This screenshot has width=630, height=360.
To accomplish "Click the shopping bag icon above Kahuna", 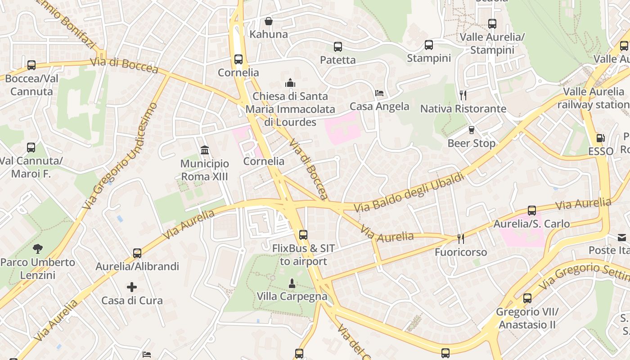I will [x=269, y=21].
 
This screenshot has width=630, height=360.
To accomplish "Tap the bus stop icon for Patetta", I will [x=338, y=47].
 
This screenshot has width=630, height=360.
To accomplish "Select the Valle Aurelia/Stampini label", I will [x=492, y=43].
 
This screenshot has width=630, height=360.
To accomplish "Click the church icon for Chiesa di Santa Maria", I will [x=290, y=83].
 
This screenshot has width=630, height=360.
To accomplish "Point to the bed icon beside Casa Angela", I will [x=379, y=93].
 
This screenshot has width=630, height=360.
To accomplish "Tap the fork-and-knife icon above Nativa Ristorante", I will [x=463, y=95].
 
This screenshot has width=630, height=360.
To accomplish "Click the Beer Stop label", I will [x=471, y=144].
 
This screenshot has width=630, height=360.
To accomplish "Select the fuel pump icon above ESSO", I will [x=600, y=138].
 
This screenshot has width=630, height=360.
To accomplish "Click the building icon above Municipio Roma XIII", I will [x=205, y=150].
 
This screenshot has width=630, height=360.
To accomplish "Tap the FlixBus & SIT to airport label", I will [x=303, y=255].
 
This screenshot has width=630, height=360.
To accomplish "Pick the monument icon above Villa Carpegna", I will [x=292, y=283].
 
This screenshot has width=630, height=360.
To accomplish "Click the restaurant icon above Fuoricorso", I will [x=460, y=238].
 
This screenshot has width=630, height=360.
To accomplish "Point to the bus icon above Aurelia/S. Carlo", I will [x=532, y=211].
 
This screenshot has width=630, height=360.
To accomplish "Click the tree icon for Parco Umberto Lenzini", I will [x=38, y=248].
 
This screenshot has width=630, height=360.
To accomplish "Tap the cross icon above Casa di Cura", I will [x=132, y=287].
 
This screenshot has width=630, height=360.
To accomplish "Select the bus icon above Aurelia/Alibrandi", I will [x=137, y=253].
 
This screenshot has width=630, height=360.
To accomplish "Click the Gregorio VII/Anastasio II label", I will [x=527, y=318].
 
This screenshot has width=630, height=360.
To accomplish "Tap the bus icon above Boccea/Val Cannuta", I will [x=31, y=65].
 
